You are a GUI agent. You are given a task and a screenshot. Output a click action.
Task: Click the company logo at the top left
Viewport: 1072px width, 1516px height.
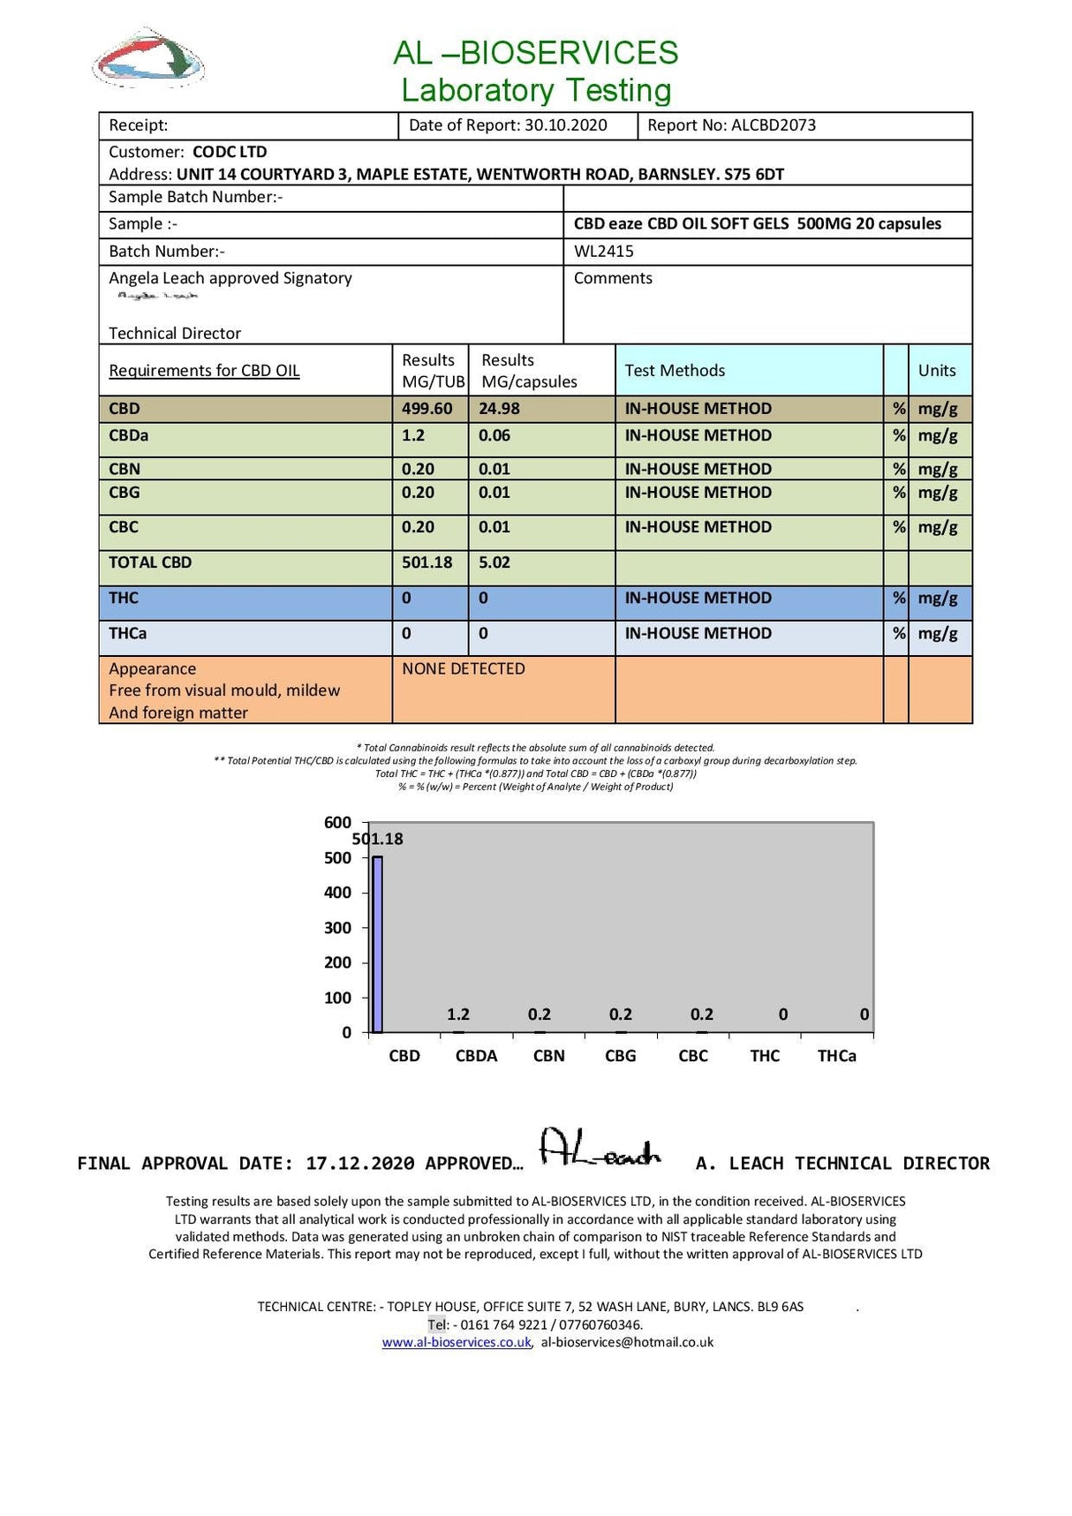click(148, 58)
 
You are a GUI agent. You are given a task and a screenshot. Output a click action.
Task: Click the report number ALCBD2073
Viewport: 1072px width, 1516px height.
click(774, 125)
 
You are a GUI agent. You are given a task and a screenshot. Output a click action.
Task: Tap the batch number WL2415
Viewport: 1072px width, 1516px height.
click(604, 252)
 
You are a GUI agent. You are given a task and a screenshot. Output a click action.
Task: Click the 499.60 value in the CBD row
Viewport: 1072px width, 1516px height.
click(427, 409)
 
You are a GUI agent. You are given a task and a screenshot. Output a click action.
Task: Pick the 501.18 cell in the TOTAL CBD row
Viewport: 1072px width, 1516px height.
click(427, 562)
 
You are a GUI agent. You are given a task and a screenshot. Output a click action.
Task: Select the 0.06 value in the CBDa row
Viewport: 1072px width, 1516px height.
click(494, 435)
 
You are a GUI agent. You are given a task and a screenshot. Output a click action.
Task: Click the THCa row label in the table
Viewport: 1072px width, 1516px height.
click(127, 633)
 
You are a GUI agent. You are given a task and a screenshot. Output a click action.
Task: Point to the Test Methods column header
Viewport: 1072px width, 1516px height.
click(675, 371)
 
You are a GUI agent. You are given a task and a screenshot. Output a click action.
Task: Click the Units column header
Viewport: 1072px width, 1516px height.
click(936, 371)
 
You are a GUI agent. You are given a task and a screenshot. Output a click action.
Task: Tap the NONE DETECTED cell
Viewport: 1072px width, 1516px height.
click(464, 669)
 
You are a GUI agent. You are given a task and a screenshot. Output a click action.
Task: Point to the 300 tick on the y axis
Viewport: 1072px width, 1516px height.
click(337, 928)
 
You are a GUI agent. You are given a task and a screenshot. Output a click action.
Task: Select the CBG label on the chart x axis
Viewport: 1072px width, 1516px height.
click(620, 1056)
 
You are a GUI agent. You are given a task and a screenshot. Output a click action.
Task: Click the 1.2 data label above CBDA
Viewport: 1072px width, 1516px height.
click(458, 1014)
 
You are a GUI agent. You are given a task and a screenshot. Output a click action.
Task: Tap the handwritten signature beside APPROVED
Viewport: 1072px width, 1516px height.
click(599, 1149)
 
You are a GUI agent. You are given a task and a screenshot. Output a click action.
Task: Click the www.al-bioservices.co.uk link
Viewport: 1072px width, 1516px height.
click(457, 1342)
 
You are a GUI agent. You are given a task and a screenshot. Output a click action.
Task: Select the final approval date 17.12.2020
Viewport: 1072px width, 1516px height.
click(359, 1164)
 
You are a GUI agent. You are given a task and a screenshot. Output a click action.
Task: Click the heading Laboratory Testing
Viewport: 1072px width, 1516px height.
click(536, 90)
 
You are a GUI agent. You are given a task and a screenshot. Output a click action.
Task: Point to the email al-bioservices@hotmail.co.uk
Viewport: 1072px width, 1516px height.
click(627, 1342)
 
